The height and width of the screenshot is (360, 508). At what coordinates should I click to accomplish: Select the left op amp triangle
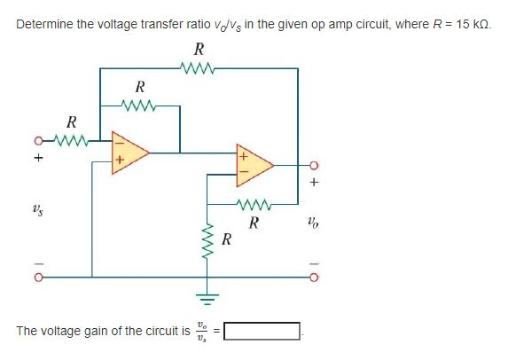tap(128, 152)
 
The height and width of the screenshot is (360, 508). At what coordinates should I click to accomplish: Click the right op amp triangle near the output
tap(252, 164)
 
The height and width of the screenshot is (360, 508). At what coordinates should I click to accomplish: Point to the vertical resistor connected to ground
tap(209, 239)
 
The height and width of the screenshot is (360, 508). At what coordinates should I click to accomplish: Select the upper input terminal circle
tap(38, 139)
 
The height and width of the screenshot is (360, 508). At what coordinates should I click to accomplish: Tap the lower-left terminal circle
tap(38, 276)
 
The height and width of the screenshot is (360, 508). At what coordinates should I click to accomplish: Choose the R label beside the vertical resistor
tap(227, 240)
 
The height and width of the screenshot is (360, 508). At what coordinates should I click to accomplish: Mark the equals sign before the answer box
tap(216, 332)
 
